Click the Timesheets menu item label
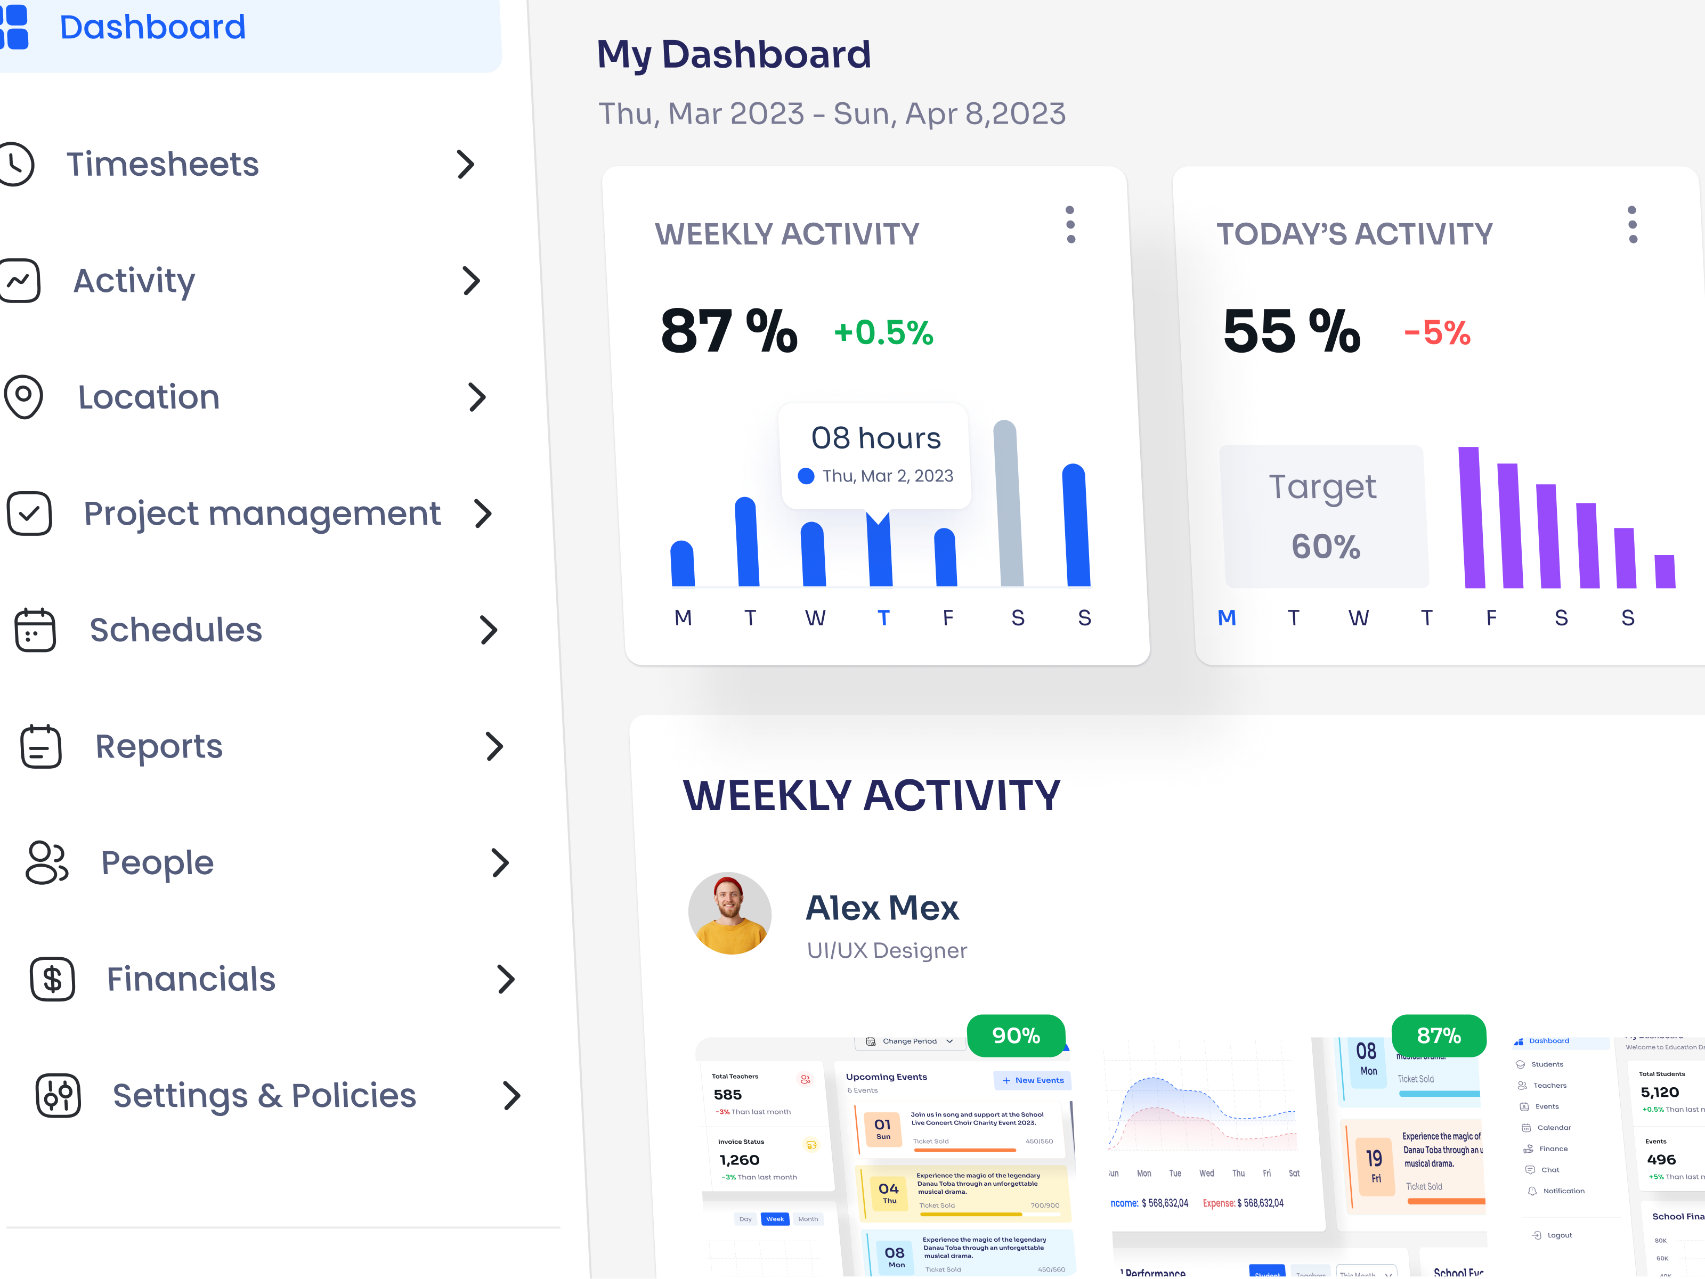(x=162, y=164)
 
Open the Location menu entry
(x=149, y=397)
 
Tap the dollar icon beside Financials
(x=52, y=979)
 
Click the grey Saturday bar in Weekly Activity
(x=1008, y=504)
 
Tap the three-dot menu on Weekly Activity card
(x=1070, y=225)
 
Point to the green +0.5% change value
(x=883, y=333)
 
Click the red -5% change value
(x=1437, y=333)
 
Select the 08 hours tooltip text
(x=875, y=438)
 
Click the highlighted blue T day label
(x=883, y=618)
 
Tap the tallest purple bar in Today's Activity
(x=1471, y=518)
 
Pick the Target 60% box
(x=1324, y=516)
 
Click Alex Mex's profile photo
(x=730, y=913)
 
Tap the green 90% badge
(x=1016, y=1036)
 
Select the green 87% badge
(x=1438, y=1036)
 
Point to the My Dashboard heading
(x=734, y=55)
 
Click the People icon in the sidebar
(x=47, y=863)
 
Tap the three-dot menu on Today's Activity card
(x=1633, y=225)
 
